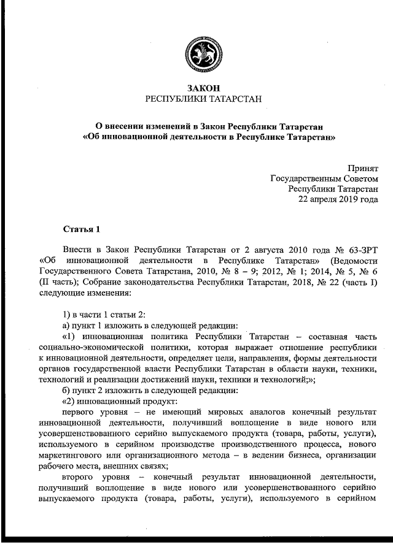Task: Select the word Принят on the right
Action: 364,167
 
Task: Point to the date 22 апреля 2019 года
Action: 338,199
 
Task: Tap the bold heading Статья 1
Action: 81,229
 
